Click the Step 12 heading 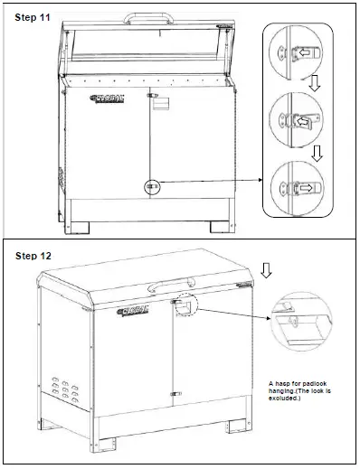pyautogui.click(x=34, y=256)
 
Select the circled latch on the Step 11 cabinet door pyautogui.click(x=151, y=187)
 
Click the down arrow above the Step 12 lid pyautogui.click(x=265, y=269)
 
